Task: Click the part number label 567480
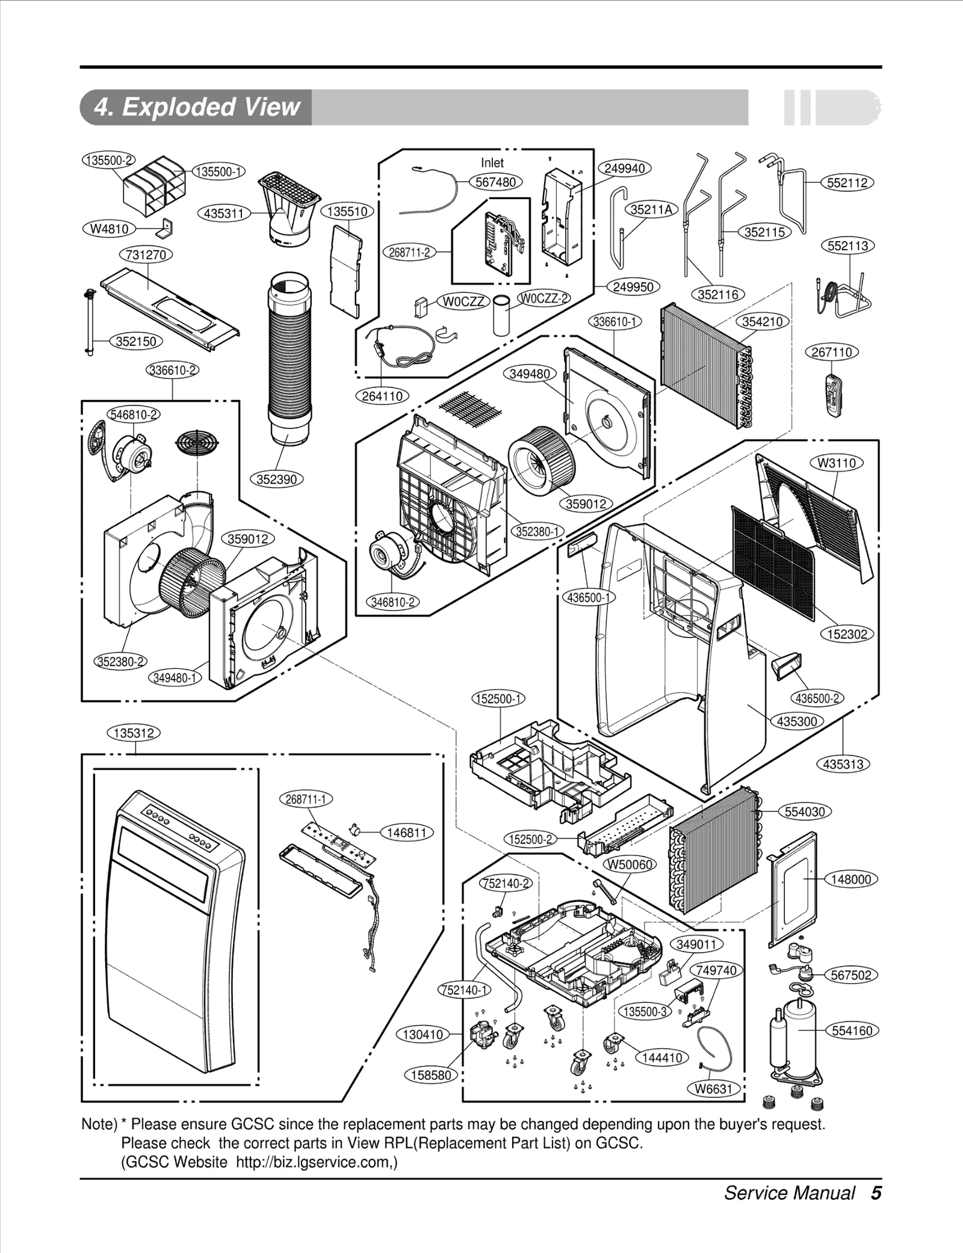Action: pyautogui.click(x=495, y=182)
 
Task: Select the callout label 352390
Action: pyautogui.click(x=277, y=479)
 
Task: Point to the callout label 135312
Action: pyautogui.click(x=134, y=733)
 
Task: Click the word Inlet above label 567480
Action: pyautogui.click(x=492, y=162)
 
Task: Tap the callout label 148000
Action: pyautogui.click(x=850, y=879)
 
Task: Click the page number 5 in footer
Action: pyautogui.click(x=876, y=1192)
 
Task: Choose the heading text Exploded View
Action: pyautogui.click(x=197, y=107)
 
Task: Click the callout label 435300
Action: pyautogui.click(x=796, y=721)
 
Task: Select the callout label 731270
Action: pyautogui.click(x=146, y=254)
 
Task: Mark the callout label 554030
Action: pyautogui.click(x=805, y=811)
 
